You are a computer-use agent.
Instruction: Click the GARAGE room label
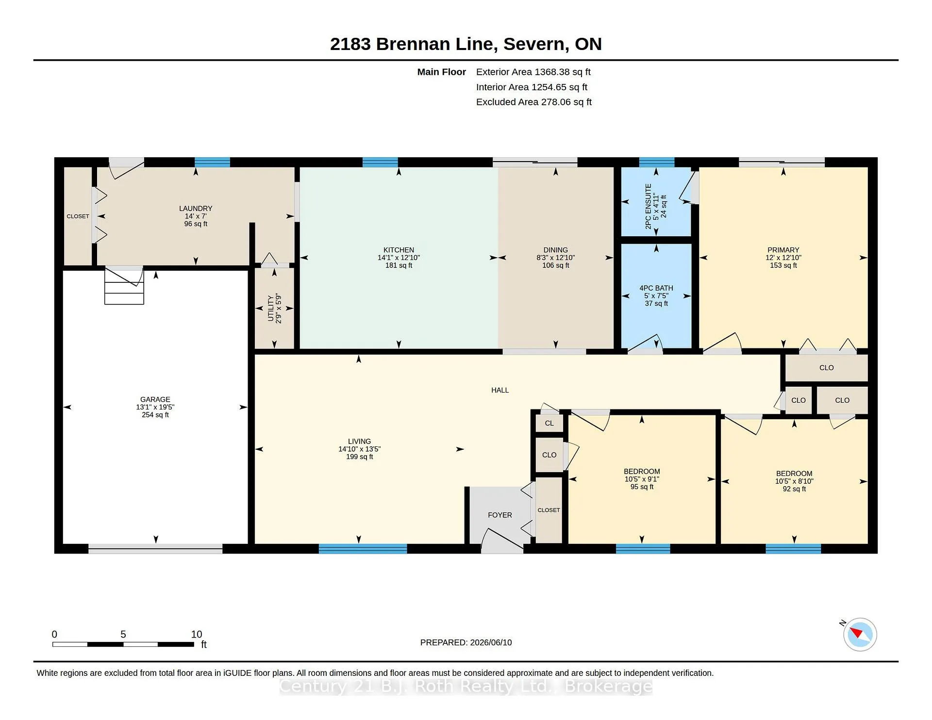coord(155,399)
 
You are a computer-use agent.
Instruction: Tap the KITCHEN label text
coord(399,250)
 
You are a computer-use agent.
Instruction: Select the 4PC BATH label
coord(656,288)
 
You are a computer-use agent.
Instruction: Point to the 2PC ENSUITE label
coord(648,206)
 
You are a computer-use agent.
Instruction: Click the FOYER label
coord(500,515)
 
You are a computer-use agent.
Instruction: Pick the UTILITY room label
coord(271,308)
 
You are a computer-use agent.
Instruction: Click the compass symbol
coord(860,634)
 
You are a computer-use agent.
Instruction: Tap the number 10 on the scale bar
coord(197,634)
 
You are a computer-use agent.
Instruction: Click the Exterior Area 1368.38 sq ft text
coord(533,72)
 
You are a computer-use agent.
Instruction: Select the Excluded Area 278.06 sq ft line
coord(533,102)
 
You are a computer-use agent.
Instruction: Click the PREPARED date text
coord(466,642)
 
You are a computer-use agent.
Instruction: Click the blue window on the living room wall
coord(363,549)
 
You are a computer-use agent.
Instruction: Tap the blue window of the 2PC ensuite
coord(656,162)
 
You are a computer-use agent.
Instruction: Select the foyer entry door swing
coord(502,541)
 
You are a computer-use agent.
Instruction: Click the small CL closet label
coord(549,423)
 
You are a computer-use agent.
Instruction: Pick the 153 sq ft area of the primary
coord(783,265)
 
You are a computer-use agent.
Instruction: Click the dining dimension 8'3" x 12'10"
coord(555,258)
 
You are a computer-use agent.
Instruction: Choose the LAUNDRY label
coord(196,208)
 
